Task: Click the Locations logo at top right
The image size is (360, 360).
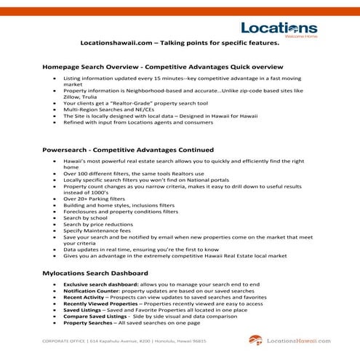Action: pyautogui.click(x=279, y=30)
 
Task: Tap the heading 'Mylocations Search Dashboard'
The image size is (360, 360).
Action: pyautogui.click(x=95, y=273)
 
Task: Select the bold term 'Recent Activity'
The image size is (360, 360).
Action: pyautogui.click(x=83, y=297)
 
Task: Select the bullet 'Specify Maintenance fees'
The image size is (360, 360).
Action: pyautogui.click(x=97, y=231)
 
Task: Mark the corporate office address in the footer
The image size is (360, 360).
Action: pyautogui.click(x=124, y=340)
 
